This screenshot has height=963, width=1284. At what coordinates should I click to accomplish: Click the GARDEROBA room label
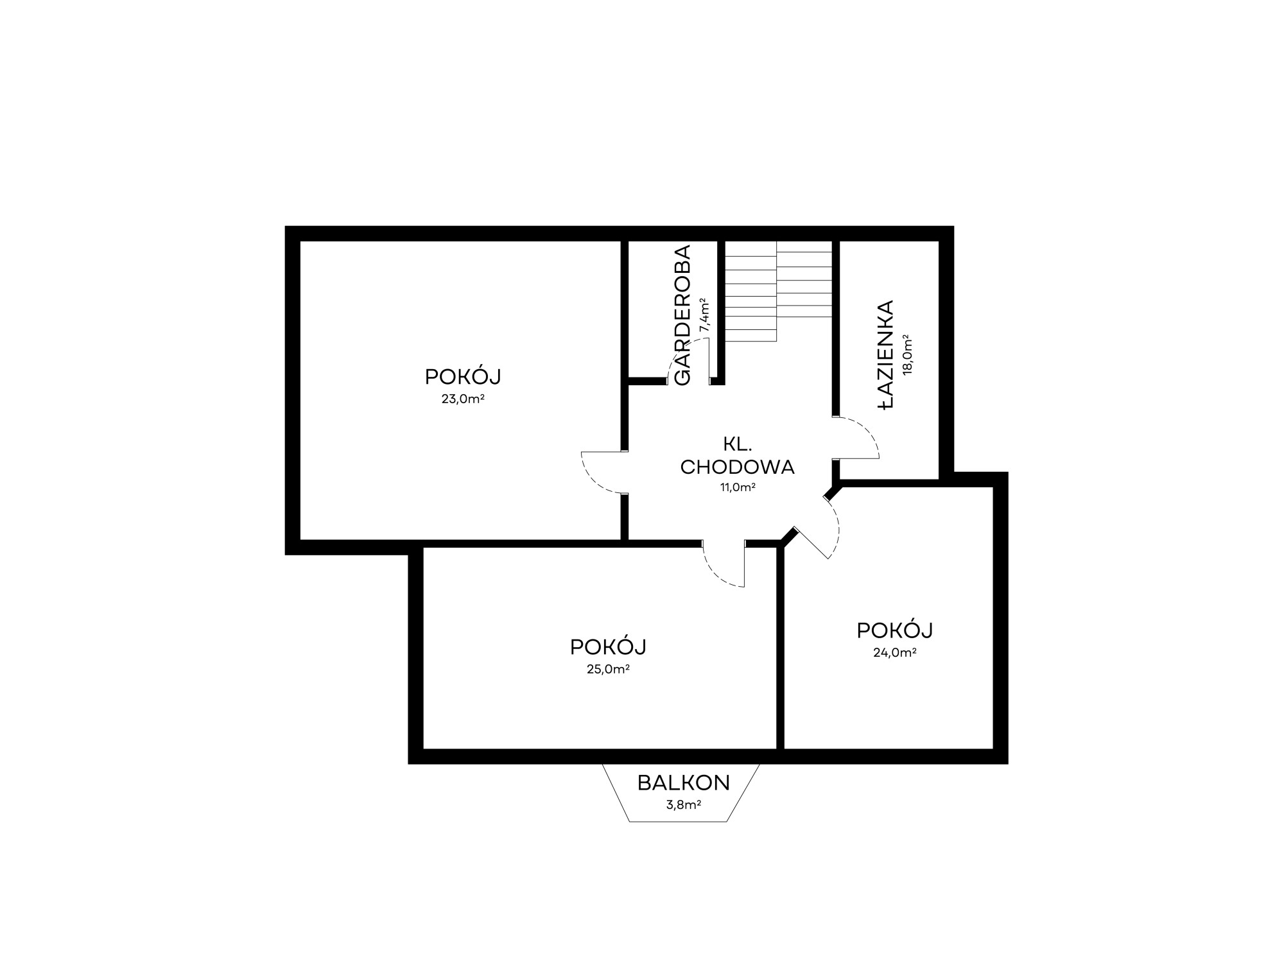[x=682, y=315]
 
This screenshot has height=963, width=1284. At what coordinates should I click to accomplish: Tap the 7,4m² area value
[x=704, y=315]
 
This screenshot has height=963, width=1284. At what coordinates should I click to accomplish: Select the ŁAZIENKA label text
[x=886, y=354]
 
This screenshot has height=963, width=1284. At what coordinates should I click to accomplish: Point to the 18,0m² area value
[x=907, y=354]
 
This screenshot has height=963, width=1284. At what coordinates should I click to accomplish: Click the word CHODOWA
[x=737, y=467]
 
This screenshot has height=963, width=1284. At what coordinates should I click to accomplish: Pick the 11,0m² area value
[x=737, y=487]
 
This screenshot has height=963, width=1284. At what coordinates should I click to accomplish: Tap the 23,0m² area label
[x=462, y=399]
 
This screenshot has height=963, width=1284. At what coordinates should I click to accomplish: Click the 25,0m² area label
[x=607, y=669]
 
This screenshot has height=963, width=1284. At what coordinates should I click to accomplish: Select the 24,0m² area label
[x=894, y=653]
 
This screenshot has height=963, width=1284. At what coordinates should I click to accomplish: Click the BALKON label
[x=684, y=783]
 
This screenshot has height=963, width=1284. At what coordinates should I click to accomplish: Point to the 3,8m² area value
[x=684, y=804]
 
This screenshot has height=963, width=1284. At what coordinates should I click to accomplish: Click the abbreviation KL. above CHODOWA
[x=737, y=443]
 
